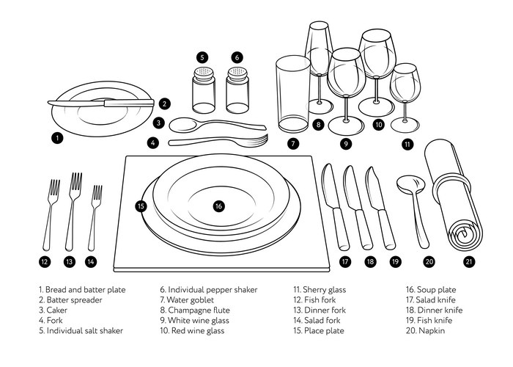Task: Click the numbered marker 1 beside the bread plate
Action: pos(58,137)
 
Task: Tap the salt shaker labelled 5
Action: pos(203,90)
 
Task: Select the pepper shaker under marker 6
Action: pos(236,90)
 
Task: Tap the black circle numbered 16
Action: pos(218,206)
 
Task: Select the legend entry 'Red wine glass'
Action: pos(199,331)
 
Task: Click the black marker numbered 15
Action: pos(141,206)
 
